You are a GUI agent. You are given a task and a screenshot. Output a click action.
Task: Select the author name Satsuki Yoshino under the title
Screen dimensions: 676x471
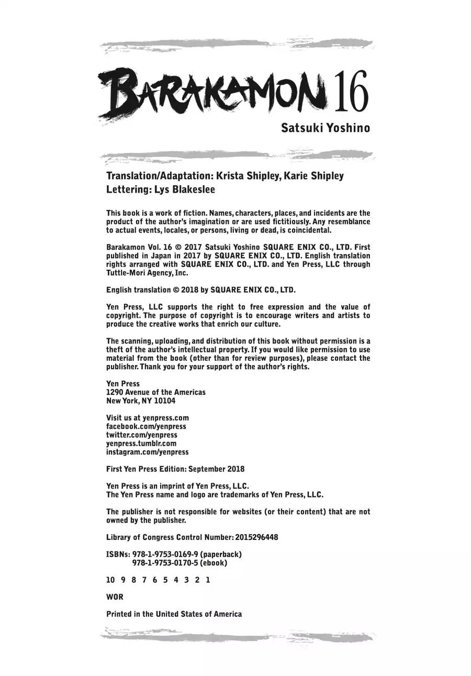tap(325, 128)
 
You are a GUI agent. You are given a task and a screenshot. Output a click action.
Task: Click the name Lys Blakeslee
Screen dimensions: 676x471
tap(184, 189)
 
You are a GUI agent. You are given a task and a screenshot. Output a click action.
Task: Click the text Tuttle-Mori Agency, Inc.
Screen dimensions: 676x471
tap(147, 273)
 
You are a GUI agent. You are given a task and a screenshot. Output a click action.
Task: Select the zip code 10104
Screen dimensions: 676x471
tap(164, 401)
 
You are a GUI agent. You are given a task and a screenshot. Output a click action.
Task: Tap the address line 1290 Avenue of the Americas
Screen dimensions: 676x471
tap(155, 392)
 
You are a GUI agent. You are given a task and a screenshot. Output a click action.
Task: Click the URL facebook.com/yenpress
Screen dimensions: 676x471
tap(146, 426)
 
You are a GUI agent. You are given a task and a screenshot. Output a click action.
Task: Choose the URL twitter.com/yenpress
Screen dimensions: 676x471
tap(141, 435)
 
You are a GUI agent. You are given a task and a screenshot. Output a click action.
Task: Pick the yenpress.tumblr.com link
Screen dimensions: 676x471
tap(141, 443)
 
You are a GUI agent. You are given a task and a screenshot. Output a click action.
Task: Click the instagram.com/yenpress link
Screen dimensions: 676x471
tap(147, 451)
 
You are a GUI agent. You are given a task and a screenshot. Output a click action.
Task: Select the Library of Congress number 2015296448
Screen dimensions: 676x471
tap(256, 537)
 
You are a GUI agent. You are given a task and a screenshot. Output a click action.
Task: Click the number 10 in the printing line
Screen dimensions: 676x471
tap(110, 580)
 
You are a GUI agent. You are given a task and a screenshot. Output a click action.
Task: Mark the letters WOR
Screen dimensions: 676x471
tap(115, 597)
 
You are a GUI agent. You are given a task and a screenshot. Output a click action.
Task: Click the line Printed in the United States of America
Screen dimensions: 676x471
tap(174, 614)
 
